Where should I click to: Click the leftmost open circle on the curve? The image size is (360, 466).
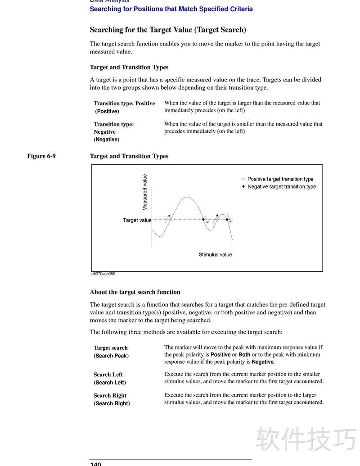tap(171, 220)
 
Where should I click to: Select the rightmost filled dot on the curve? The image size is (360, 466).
tap(227, 220)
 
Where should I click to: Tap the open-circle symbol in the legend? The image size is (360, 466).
tap(243, 179)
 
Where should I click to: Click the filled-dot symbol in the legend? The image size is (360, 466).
tap(243, 186)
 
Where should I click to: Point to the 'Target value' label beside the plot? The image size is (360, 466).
tap(137, 220)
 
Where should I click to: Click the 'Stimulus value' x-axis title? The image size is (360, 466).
tap(215, 255)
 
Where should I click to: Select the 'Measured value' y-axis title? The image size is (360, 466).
tap(145, 192)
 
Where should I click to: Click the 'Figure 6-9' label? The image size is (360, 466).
tap(41, 156)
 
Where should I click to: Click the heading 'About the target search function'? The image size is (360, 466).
tap(135, 292)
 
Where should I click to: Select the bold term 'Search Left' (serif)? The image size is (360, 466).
tap(108, 375)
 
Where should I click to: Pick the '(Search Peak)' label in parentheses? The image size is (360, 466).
tap(111, 356)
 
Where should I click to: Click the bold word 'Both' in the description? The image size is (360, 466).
tap(244, 355)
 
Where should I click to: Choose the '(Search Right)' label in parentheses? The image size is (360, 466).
tap(112, 403)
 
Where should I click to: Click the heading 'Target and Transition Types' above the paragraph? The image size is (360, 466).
tap(129, 67)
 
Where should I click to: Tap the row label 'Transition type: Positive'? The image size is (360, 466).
tap(124, 104)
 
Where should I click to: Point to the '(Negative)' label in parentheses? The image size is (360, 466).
tap(107, 140)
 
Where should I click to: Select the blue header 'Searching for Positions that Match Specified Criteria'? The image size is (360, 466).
tap(171, 9)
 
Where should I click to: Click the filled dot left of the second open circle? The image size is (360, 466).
tap(203, 220)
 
